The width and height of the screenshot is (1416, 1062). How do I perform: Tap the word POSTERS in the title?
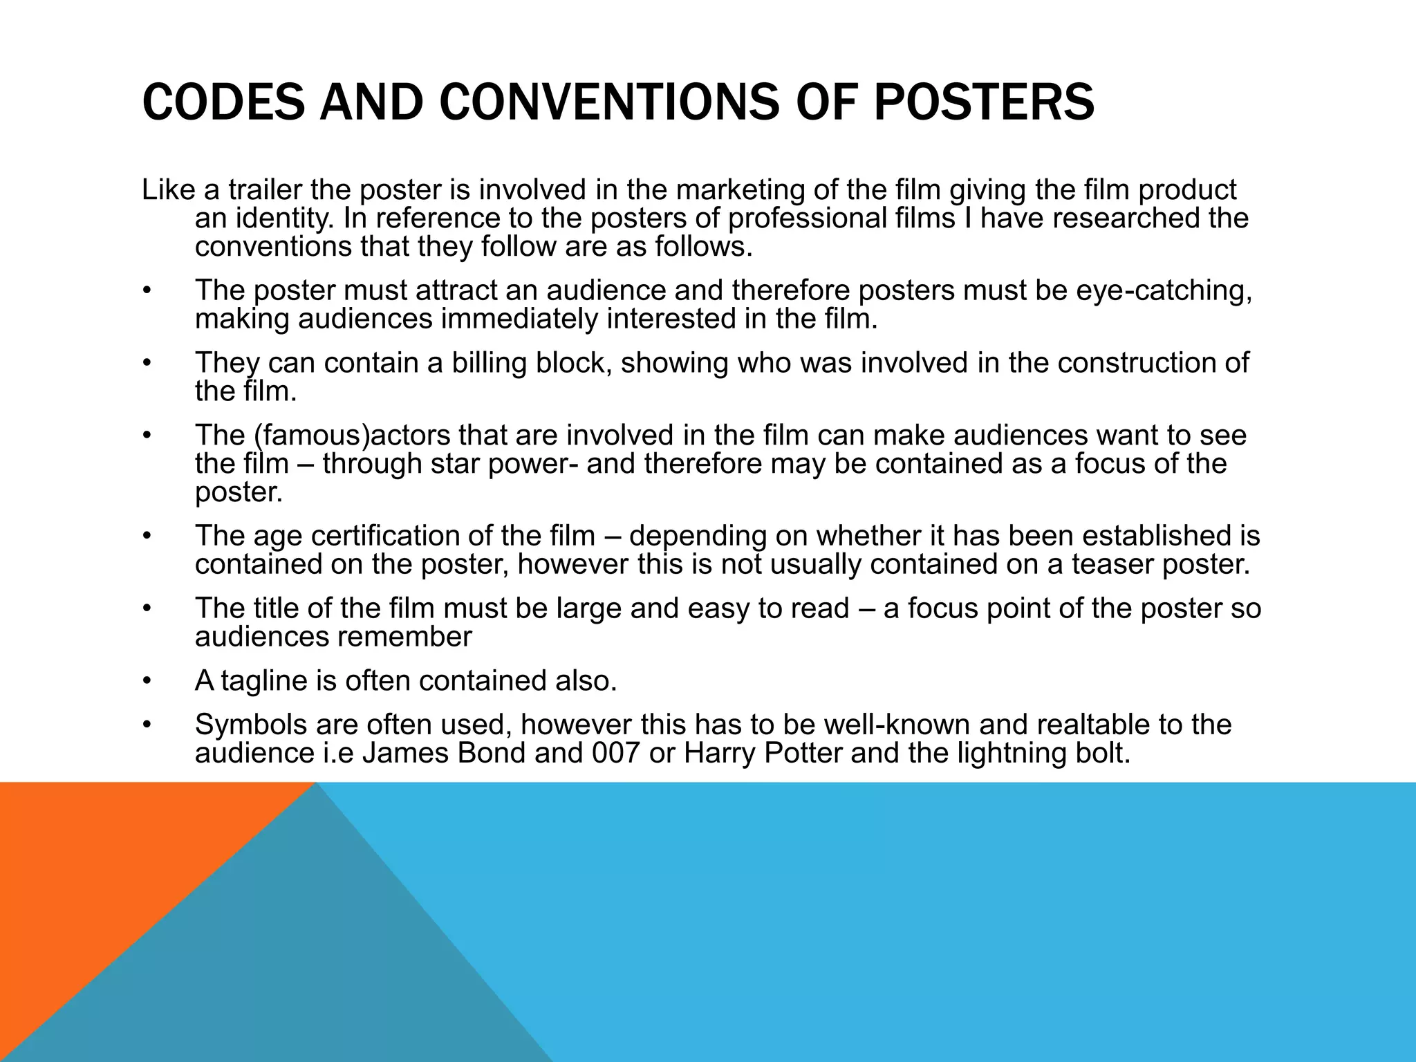[x=985, y=102]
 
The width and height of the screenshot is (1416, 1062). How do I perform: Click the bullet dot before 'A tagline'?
[x=146, y=682]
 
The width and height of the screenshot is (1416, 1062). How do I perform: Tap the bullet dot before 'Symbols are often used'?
[x=146, y=725]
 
